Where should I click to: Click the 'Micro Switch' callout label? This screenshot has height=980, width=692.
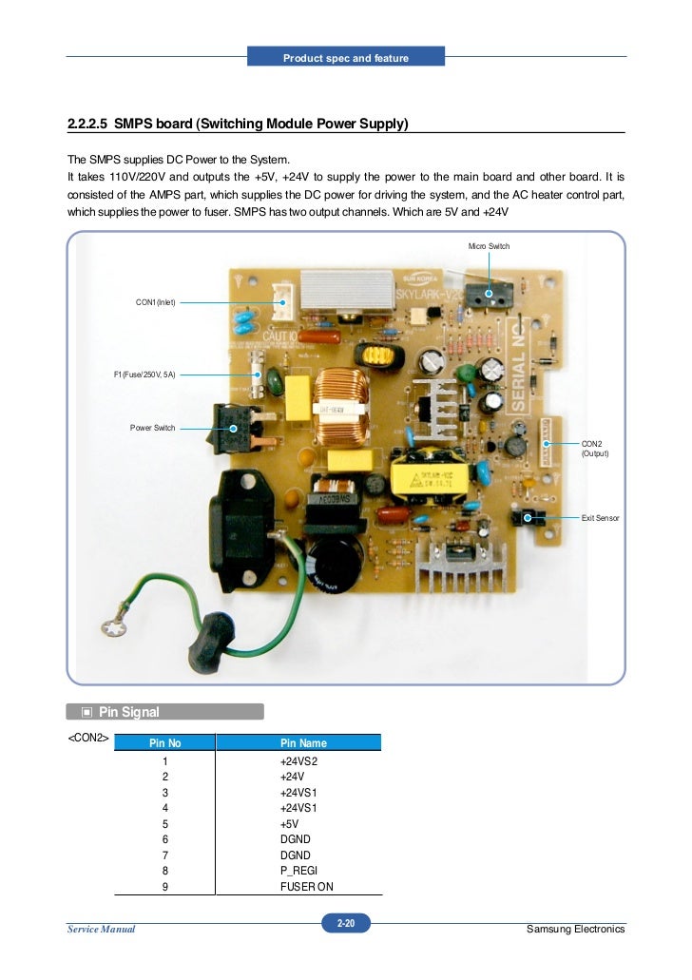[489, 246]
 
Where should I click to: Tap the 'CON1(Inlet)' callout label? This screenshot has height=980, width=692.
[155, 302]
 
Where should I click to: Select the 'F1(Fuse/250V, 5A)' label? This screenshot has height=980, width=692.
[144, 375]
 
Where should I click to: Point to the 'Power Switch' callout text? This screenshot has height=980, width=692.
[152, 428]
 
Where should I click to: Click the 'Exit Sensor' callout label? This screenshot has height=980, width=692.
[600, 517]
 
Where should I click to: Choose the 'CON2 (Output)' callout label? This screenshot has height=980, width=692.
[594, 449]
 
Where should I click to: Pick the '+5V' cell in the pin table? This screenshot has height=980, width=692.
[289, 823]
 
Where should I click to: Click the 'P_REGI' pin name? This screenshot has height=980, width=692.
[297, 871]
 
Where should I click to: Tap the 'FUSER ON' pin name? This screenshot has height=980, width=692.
[306, 887]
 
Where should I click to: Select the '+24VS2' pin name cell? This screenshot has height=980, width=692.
[298, 761]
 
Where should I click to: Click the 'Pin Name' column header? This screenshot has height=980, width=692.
[299, 742]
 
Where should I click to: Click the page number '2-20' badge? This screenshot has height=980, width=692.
[346, 923]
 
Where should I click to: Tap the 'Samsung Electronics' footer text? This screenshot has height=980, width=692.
[575, 929]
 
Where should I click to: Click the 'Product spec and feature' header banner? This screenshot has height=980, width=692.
[346, 58]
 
